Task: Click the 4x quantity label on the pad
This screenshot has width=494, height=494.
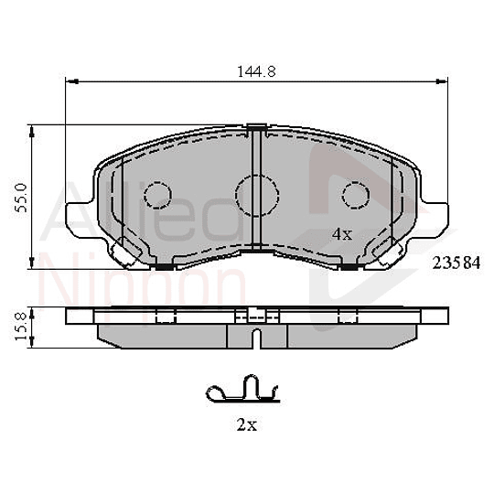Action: click(341, 234)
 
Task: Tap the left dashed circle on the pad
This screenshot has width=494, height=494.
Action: click(159, 196)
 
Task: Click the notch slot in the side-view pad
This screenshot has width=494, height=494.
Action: click(257, 339)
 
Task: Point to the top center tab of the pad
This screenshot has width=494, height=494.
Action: click(257, 125)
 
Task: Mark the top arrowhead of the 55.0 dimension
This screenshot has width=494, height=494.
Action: click(34, 129)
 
